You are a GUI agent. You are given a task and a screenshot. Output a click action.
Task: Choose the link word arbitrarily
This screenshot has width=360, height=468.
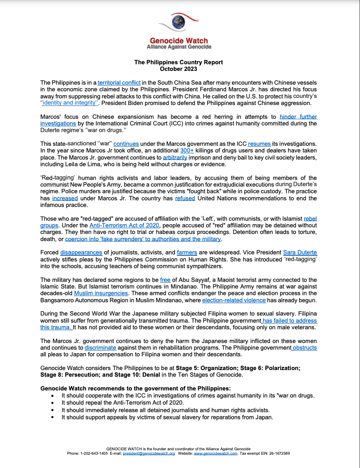(175, 157)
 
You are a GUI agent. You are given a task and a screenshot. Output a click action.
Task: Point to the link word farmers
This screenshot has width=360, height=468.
(187, 253)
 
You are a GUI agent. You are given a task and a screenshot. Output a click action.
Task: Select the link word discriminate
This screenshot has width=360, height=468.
(100, 348)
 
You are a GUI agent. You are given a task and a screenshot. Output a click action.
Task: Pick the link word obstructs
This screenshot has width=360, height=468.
(304, 348)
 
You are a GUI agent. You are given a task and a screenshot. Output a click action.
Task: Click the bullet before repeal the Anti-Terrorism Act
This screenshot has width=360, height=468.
(54, 403)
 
